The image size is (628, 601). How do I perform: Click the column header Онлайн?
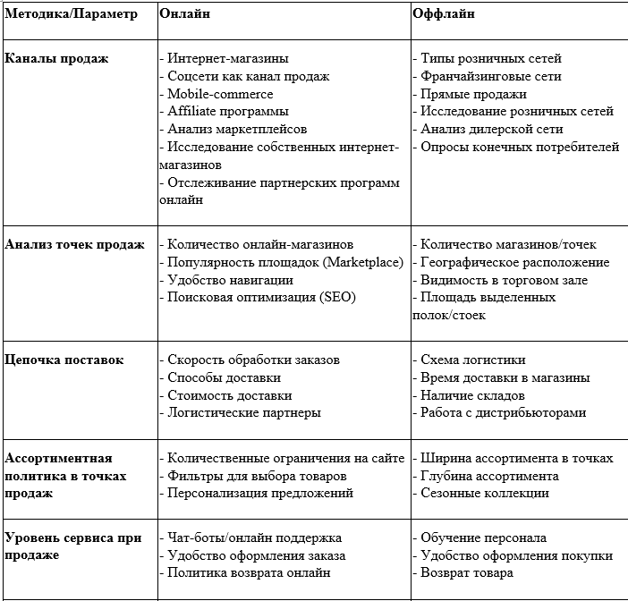point(186,14)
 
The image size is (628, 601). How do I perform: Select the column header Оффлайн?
point(444,14)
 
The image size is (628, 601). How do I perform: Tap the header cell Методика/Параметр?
point(72,14)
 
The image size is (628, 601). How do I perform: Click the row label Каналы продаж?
point(56,58)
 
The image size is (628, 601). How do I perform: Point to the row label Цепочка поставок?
point(64,360)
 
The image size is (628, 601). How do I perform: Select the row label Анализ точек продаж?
point(74,244)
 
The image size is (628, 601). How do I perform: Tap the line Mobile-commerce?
point(220,94)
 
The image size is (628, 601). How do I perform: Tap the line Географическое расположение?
point(515,262)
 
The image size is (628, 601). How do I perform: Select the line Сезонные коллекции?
point(485,492)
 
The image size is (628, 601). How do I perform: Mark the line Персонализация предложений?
point(260,492)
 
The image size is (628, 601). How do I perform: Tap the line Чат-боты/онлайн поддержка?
point(255,538)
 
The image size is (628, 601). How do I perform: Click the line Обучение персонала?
point(484,538)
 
